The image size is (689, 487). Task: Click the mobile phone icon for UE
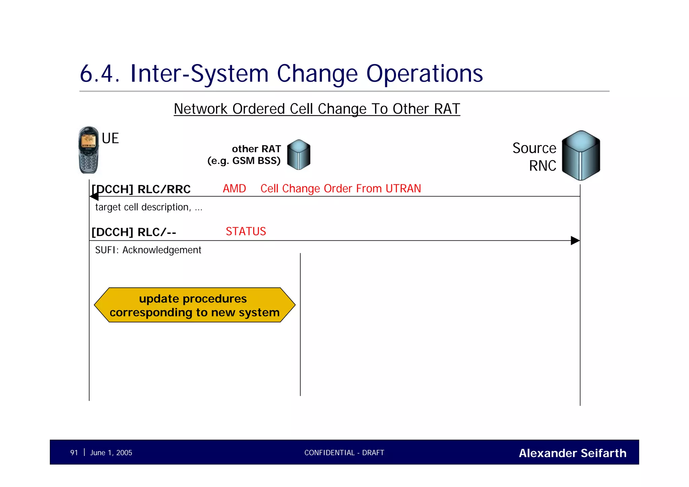click(88, 150)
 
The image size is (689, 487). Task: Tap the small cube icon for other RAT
click(299, 154)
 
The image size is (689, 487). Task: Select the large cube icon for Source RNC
click(581, 155)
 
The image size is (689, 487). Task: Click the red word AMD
click(234, 188)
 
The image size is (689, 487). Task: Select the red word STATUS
click(246, 232)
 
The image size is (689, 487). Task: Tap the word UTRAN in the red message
click(403, 188)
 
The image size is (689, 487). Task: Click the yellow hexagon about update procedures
click(194, 305)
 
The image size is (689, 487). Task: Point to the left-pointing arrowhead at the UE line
click(94, 197)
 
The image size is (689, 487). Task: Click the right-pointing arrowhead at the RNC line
click(575, 241)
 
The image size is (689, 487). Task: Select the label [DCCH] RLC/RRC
click(141, 189)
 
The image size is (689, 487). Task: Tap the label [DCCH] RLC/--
click(134, 232)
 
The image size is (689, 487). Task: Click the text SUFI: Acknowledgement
click(148, 250)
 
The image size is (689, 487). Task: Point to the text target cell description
click(143, 207)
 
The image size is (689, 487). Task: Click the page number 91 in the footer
click(74, 453)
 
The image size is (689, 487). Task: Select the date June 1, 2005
click(111, 453)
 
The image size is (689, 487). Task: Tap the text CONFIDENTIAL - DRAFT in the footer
click(344, 453)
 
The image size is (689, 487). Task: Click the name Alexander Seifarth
click(573, 453)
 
